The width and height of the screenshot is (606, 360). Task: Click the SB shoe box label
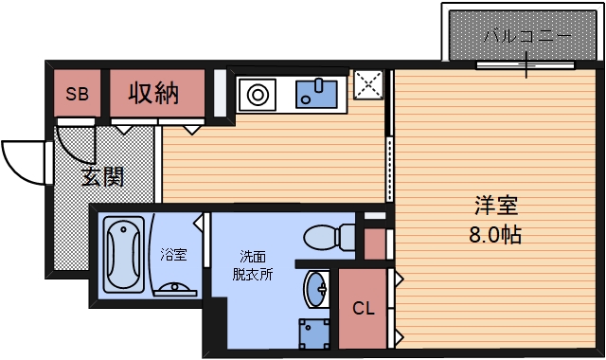(x=78, y=94)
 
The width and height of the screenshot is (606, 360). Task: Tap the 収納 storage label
(x=154, y=94)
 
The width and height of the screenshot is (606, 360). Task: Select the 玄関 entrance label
(x=102, y=176)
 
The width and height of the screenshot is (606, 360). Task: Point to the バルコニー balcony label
(x=526, y=39)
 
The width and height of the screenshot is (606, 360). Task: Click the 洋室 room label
(x=495, y=205)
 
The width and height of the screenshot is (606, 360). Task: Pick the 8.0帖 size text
(x=495, y=234)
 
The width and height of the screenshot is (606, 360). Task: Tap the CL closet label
(x=364, y=309)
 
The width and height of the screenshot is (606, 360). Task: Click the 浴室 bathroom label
(x=173, y=255)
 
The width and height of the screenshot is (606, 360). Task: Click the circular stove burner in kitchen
(x=257, y=94)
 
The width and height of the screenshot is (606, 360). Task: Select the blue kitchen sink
(x=317, y=93)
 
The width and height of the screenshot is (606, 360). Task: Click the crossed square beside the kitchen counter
(x=367, y=85)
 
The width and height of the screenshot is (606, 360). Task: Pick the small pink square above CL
(x=375, y=243)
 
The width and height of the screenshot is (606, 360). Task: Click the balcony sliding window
(x=526, y=65)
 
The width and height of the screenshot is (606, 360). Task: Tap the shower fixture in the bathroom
(x=173, y=287)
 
